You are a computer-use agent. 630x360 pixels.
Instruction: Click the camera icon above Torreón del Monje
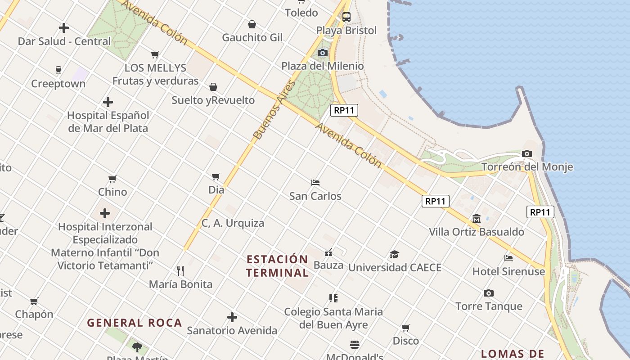(x=527, y=154)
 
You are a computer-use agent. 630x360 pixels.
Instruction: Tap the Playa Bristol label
(x=346, y=31)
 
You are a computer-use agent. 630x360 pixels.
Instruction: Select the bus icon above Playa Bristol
(x=346, y=18)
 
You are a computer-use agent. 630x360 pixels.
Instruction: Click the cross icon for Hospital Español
(x=108, y=102)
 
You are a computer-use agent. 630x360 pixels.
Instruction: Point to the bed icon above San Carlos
(x=315, y=183)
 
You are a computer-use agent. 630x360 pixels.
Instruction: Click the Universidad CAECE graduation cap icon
(x=394, y=255)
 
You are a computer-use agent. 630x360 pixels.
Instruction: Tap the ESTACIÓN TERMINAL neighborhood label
(x=278, y=266)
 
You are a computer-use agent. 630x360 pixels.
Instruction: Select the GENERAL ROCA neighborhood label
(x=134, y=323)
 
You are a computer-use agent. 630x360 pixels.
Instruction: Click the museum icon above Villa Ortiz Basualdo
(x=476, y=219)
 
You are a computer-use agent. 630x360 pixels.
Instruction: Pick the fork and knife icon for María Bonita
(x=180, y=271)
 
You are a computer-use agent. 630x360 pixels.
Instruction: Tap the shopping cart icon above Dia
(x=216, y=176)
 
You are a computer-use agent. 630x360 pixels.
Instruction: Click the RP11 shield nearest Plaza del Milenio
(x=344, y=110)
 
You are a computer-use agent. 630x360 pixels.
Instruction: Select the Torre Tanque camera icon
(x=489, y=293)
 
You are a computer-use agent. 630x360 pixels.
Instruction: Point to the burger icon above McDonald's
(x=355, y=345)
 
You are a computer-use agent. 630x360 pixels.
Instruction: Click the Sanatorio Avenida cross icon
(x=232, y=318)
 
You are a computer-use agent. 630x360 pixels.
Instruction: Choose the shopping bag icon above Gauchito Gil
(x=252, y=24)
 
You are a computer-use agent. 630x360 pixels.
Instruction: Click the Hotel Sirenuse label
(x=508, y=272)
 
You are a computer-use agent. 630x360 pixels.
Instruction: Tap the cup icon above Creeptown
(x=58, y=70)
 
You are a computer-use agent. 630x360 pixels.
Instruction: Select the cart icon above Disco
(x=405, y=328)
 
